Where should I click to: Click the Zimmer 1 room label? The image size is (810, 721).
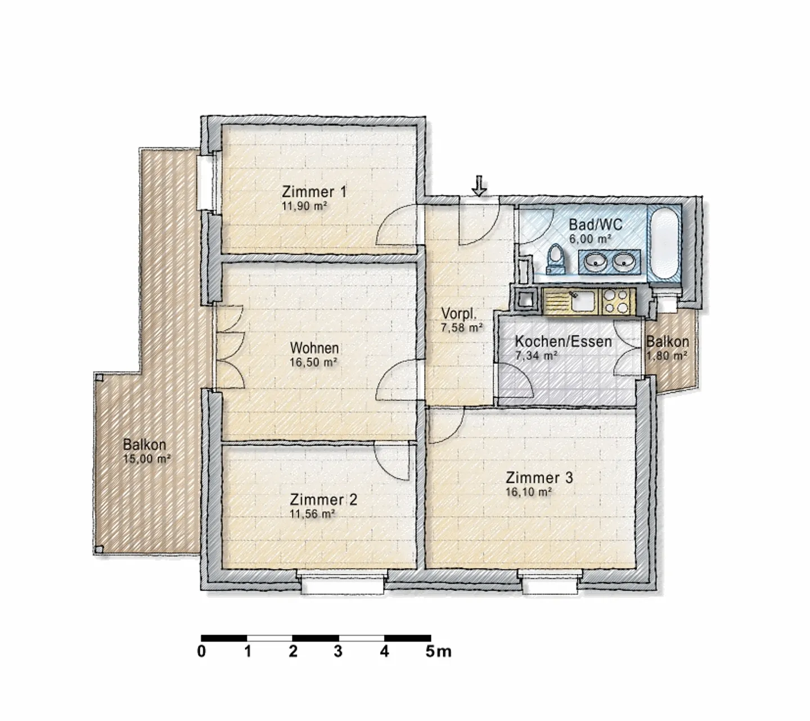click(x=314, y=191)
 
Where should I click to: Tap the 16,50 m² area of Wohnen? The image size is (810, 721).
click(x=313, y=363)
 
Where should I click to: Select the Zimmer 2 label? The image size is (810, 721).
click(x=323, y=499)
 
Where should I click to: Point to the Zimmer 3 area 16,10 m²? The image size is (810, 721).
click(x=528, y=492)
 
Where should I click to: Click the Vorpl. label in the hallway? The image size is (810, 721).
click(x=459, y=313)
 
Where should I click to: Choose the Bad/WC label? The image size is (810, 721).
click(x=596, y=225)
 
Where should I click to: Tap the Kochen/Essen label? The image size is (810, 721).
click(x=563, y=341)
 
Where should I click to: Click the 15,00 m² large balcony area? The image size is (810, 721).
click(x=147, y=459)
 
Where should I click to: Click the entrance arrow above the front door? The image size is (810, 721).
click(x=479, y=186)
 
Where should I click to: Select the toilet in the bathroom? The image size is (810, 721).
click(x=556, y=260)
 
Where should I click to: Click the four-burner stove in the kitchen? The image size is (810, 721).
click(x=617, y=301)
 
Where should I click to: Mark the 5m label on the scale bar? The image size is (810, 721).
click(x=438, y=652)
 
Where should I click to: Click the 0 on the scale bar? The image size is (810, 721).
click(x=201, y=652)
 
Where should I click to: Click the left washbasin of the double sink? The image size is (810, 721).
click(x=594, y=262)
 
